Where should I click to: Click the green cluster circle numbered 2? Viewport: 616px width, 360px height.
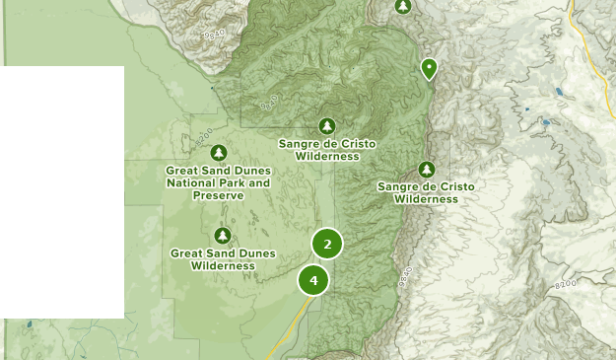point(327,244)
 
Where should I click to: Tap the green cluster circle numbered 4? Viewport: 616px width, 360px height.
point(313,280)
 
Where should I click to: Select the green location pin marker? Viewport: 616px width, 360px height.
point(429,68)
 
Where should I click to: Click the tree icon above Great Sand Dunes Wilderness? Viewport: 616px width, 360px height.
point(223,235)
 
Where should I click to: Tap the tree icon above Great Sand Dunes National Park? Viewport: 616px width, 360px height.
point(219,152)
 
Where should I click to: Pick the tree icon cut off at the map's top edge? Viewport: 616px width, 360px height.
point(403,6)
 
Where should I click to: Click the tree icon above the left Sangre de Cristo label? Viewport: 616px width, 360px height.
point(327,125)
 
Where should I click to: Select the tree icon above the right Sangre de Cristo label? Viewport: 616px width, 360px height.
point(427,169)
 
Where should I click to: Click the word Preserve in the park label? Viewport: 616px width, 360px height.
point(218,194)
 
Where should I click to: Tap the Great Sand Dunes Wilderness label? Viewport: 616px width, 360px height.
point(222,259)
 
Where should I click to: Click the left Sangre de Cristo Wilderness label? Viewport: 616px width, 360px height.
point(327,150)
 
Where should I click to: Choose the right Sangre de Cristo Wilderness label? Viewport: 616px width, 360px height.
point(426,192)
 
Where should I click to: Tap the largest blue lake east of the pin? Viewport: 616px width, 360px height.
point(559,92)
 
